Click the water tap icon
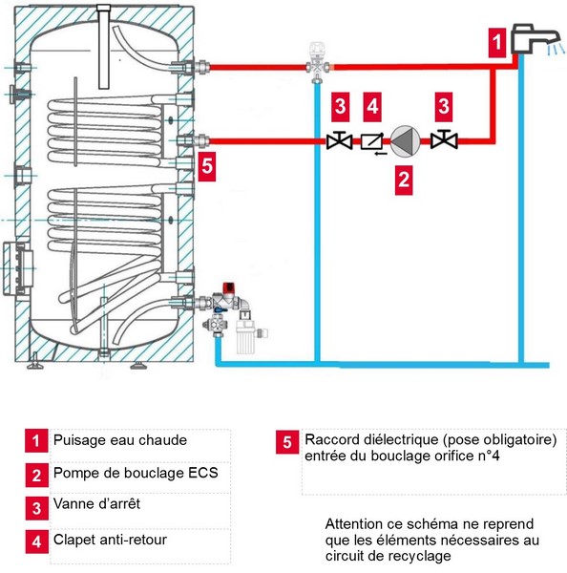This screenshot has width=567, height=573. coord(535,39)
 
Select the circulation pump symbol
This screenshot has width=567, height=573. coord(405,141)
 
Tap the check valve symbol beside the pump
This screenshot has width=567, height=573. coord(372,141)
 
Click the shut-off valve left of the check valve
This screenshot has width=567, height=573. coord(339,140)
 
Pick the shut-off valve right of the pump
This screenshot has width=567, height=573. coord(444,139)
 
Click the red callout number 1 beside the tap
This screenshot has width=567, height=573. coord(497,42)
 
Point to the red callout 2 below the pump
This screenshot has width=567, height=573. coord(404,180)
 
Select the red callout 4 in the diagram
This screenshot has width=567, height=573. coord(372,107)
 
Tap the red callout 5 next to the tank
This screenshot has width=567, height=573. coord(207,166)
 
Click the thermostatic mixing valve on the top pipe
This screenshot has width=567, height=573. coord(317,62)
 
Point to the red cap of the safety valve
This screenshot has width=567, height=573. coord(230,288)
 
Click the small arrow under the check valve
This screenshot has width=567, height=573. coord(380,154)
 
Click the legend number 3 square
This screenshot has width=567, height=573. coord(36,508)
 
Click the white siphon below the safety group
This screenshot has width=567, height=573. coord(245,333)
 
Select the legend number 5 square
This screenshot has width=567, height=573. coord(287,442)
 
